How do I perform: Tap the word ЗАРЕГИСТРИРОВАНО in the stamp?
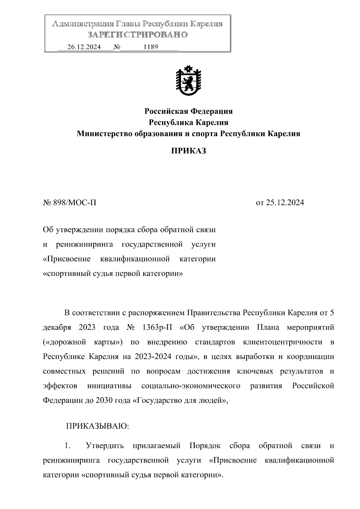point(138,35)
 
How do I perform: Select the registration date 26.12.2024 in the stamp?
point(84,47)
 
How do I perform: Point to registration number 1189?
point(151,47)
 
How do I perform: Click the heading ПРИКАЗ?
point(188,151)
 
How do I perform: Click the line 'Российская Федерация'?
point(188,112)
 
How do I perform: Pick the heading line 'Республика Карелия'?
point(188,123)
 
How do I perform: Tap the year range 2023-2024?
point(153,357)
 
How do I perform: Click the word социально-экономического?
point(191,386)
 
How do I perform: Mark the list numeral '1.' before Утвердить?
point(67,445)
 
